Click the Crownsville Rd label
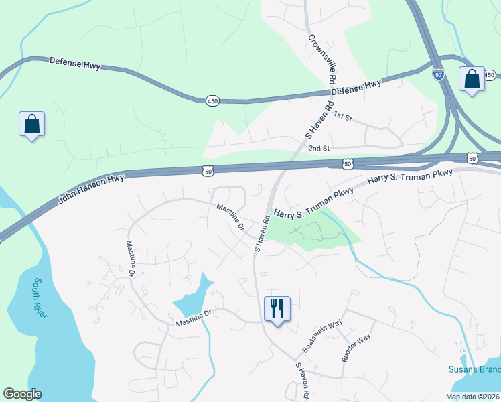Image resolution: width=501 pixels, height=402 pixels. coord(321,60)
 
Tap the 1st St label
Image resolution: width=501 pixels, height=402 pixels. coord(343,117)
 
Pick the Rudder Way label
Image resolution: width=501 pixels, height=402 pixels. coord(356,348)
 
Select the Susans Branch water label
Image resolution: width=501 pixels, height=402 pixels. coord(474,370)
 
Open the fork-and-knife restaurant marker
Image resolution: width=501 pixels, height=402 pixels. coord(277,309)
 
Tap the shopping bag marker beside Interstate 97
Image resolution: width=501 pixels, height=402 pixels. coord(472,79)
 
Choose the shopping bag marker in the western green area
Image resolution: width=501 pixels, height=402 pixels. coord(31,124)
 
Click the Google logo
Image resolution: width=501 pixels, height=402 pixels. coord(22,394)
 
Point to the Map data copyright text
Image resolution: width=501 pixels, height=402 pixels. coord(472,397)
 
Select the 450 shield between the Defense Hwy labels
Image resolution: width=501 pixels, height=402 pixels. coord(212,100)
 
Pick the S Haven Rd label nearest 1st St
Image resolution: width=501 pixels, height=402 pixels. coord(319,120)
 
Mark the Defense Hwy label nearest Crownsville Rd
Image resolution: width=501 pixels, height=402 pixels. coord(356,87)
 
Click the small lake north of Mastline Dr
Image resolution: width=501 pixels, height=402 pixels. coord(193,299)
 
